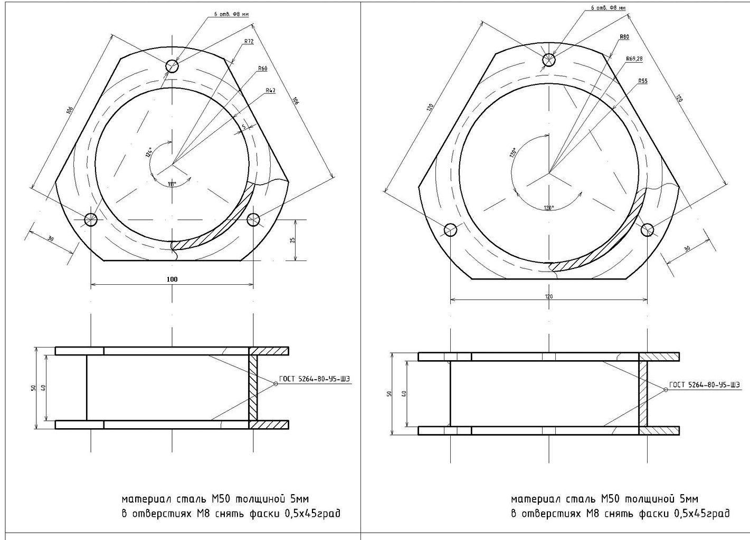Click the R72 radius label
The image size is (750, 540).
click(249, 41)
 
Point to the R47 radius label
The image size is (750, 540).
click(270, 91)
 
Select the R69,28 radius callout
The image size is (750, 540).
click(634, 59)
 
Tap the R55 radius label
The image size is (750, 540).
click(642, 81)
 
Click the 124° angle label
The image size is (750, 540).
click(149, 152)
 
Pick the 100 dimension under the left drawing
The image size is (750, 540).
click(172, 279)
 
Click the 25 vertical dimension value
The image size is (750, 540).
click(293, 240)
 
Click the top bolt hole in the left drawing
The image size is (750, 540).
click(172, 66)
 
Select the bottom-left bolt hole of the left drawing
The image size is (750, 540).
click(91, 219)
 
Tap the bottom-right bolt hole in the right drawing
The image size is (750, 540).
click(648, 229)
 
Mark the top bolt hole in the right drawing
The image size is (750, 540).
click(549, 60)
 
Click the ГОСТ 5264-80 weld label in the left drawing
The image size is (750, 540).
click(315, 379)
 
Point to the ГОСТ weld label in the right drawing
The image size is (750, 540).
click(704, 385)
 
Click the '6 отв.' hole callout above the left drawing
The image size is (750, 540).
click(231, 15)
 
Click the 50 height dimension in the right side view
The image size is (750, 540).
click(390, 394)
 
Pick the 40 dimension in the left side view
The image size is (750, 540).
click(43, 388)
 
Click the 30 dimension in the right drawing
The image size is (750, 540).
click(687, 248)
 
